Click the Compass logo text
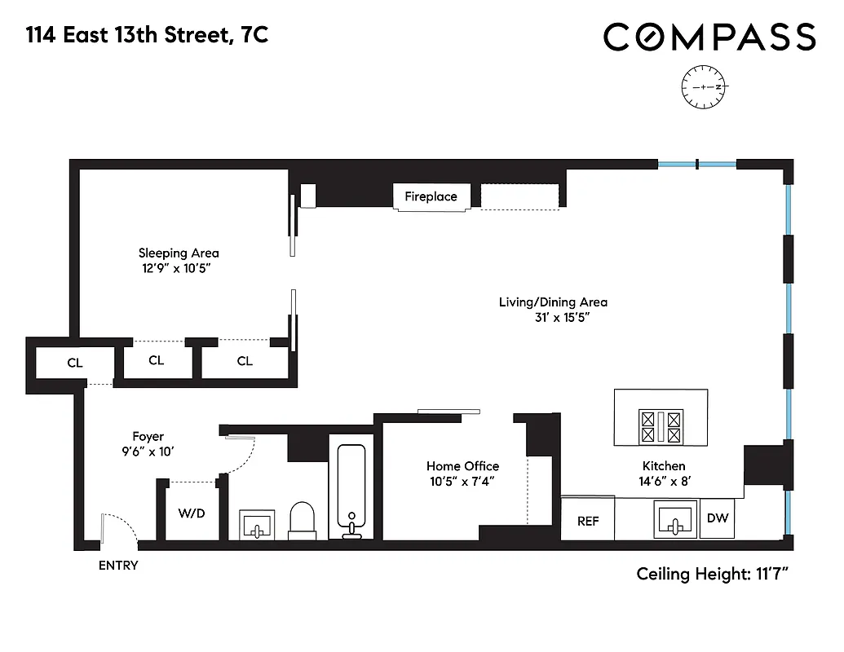click(x=709, y=37)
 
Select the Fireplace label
click(x=431, y=196)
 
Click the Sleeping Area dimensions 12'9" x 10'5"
click(x=179, y=267)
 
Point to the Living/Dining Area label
click(x=553, y=302)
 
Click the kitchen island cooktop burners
click(x=661, y=426)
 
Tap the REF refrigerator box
click(x=588, y=521)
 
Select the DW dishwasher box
click(x=718, y=518)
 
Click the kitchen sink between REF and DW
click(x=675, y=520)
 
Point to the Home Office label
click(x=462, y=466)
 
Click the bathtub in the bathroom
click(x=352, y=489)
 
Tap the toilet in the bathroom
click(x=302, y=519)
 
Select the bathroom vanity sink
click(x=257, y=524)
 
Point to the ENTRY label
click(x=118, y=566)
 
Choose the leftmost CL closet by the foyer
click(x=74, y=363)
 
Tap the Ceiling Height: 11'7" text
click(x=712, y=575)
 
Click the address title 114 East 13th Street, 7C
click(x=147, y=36)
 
